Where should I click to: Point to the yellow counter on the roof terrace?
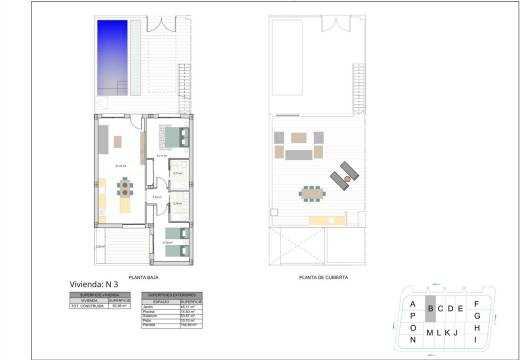point(320,218)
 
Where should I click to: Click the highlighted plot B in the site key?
point(430,308)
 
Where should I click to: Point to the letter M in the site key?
point(430,332)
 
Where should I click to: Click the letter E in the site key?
point(460,308)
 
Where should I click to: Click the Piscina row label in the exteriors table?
point(152,310)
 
